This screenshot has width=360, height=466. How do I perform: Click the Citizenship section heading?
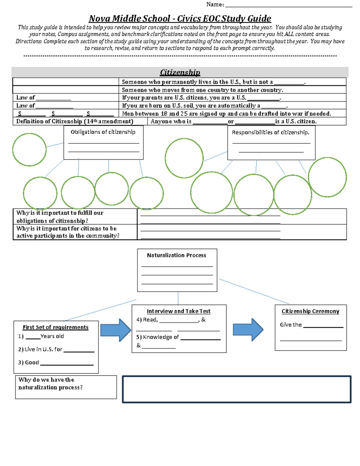click(180, 72)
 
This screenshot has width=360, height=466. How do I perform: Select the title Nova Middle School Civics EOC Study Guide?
click(180, 19)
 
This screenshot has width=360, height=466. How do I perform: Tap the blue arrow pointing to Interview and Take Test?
click(115, 330)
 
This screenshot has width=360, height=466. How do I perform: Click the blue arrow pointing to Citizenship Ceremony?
click(248, 330)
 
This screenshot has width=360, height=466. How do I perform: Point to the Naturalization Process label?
click(176, 255)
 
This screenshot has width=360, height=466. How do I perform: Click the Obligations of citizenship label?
click(103, 132)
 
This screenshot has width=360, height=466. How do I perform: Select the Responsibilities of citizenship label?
click(271, 132)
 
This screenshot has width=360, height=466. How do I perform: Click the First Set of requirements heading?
click(55, 327)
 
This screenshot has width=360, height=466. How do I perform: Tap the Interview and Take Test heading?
click(178, 311)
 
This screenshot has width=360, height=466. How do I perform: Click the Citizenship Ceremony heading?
click(310, 311)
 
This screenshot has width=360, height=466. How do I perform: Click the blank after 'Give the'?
click(323, 326)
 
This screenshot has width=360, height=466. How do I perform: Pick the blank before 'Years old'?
click(33, 337)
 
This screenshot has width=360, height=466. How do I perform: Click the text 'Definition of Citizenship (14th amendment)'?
click(75, 121)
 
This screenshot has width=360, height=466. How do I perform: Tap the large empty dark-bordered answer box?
click(236, 389)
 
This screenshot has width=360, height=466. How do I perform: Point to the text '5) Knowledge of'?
click(157, 337)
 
